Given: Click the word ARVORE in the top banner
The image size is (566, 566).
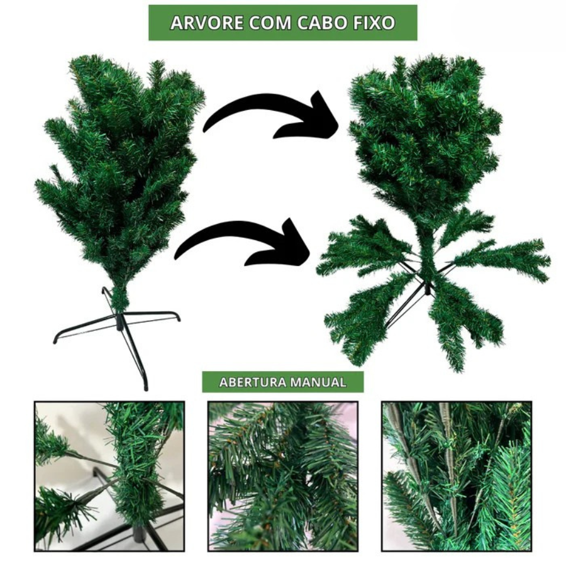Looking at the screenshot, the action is (x=206, y=23).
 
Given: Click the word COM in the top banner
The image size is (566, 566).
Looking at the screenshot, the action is (x=270, y=23).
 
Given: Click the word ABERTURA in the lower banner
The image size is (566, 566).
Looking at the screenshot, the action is (x=252, y=382).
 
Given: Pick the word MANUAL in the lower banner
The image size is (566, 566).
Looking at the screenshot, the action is (x=318, y=382).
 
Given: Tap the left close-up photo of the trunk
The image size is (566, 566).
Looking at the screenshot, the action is (x=109, y=476).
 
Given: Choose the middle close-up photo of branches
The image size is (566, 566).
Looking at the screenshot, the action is (x=283, y=476).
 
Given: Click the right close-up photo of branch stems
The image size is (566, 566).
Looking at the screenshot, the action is (x=457, y=476).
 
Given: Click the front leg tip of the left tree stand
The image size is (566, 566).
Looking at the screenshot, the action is (x=146, y=387).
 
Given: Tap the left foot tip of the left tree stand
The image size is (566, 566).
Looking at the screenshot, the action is (x=55, y=340).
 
